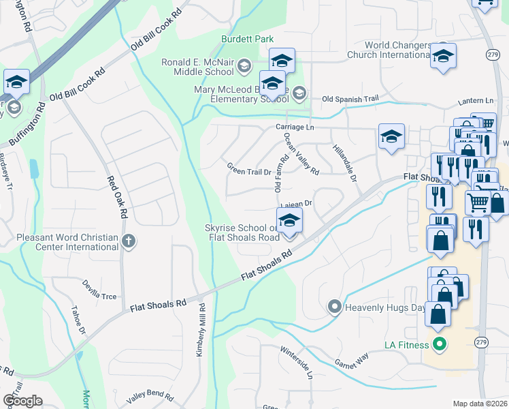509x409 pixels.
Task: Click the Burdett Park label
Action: click(x=246, y=40)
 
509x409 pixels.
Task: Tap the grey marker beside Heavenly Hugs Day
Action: click(x=334, y=307)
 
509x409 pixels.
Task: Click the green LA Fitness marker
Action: click(x=439, y=344)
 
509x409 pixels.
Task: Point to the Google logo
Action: click(x=22, y=400)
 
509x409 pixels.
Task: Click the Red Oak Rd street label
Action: click(x=116, y=198)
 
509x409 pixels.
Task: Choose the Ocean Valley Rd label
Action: click(x=301, y=154)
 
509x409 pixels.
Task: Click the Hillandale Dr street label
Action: click(x=345, y=162)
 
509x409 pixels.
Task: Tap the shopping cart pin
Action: click(x=478, y=201)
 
